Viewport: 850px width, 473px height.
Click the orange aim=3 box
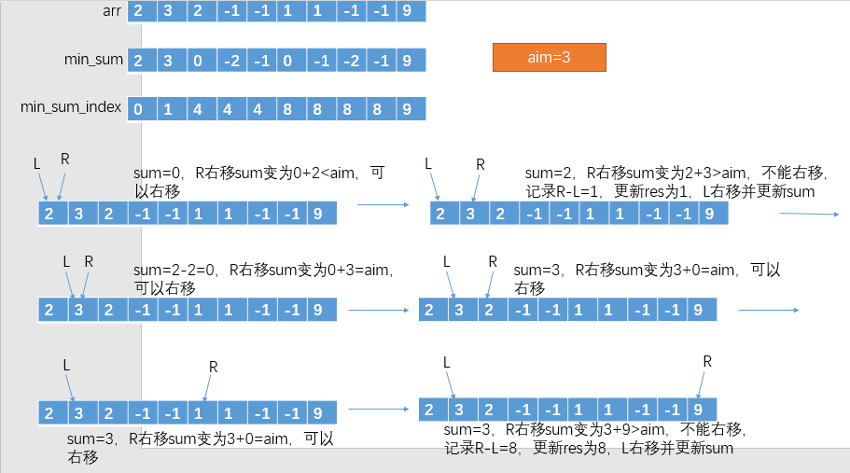point(549,57)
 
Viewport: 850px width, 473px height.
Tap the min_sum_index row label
point(71,107)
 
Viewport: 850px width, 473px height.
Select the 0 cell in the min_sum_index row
point(138,109)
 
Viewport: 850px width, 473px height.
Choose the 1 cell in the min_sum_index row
point(168,109)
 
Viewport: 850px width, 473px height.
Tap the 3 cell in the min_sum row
point(168,61)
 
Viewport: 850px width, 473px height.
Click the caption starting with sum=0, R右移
point(258,182)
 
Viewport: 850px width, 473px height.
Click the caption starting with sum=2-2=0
point(262,279)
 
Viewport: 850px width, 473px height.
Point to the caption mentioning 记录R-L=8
point(594,438)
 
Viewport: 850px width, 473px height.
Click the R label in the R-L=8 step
point(707,361)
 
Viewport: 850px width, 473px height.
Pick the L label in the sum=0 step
point(37,163)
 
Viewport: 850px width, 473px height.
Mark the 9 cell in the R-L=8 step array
point(698,408)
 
